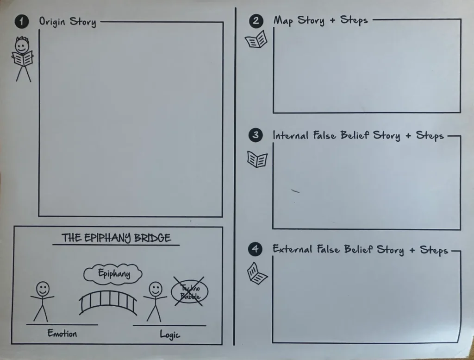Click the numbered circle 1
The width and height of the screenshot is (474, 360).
coord(21,21)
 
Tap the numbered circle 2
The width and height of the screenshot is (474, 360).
coord(256,21)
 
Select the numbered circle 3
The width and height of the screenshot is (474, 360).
coord(256,135)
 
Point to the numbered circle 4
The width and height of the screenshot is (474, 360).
coord(256,249)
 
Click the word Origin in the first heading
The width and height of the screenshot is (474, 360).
coord(52,21)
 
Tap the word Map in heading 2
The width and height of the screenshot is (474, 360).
coord(284,21)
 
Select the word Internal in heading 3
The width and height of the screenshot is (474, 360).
coord(291,135)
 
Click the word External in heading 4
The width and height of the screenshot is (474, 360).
coord(293,249)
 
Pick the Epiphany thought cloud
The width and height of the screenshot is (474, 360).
coord(113,274)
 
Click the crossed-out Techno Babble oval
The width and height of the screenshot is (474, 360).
coord(189,291)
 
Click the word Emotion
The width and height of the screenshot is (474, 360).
coord(62,334)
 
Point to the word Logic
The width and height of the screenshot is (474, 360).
coord(170,335)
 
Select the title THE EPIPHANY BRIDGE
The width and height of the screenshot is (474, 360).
coord(116,238)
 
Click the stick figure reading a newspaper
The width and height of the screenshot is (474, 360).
coord(22,59)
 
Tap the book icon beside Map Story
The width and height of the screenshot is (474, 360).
coord(256,39)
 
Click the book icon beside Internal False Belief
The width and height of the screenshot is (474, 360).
coord(257,159)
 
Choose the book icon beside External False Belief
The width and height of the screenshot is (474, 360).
coord(257,274)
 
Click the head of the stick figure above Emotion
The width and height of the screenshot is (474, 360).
coord(43,289)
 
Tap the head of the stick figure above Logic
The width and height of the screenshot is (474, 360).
coord(156,289)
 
